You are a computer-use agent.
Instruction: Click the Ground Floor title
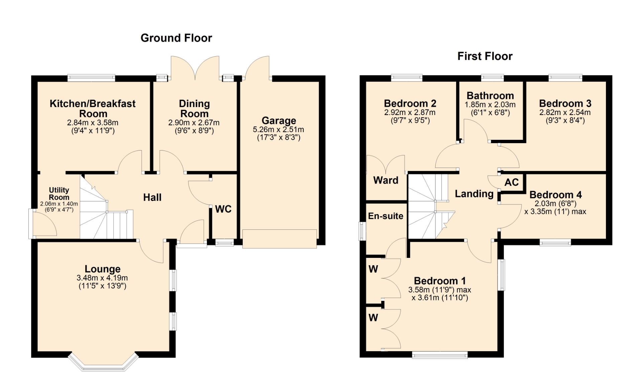pyautogui.click(x=176, y=38)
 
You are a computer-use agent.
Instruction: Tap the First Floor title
pyautogui.click(x=485, y=56)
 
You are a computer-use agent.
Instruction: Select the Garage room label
pyautogui.click(x=279, y=120)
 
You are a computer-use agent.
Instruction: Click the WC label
pyautogui.click(x=223, y=209)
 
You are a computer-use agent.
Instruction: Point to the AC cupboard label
pyautogui.click(x=512, y=182)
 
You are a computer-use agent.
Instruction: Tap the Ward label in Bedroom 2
pyautogui.click(x=386, y=180)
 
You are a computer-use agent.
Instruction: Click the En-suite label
pyautogui.click(x=386, y=216)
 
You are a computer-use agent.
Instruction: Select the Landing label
pyautogui.click(x=474, y=194)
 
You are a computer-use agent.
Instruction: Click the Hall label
pyautogui.click(x=152, y=197)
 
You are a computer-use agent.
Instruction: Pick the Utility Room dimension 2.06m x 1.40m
pyautogui.click(x=59, y=204)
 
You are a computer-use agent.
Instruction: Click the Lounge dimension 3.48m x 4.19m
pyautogui.click(x=102, y=278)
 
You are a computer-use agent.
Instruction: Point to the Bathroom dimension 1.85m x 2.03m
pyautogui.click(x=490, y=105)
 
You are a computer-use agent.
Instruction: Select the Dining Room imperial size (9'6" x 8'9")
pyautogui.click(x=194, y=131)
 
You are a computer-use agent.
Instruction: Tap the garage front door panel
pyautogui.click(x=280, y=239)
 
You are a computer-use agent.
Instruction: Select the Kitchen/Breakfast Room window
pyautogui.click(x=91, y=78)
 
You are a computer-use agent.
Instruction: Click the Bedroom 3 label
pyautogui.click(x=565, y=103)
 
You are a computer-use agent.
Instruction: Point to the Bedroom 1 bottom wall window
pyautogui.click(x=440, y=355)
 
